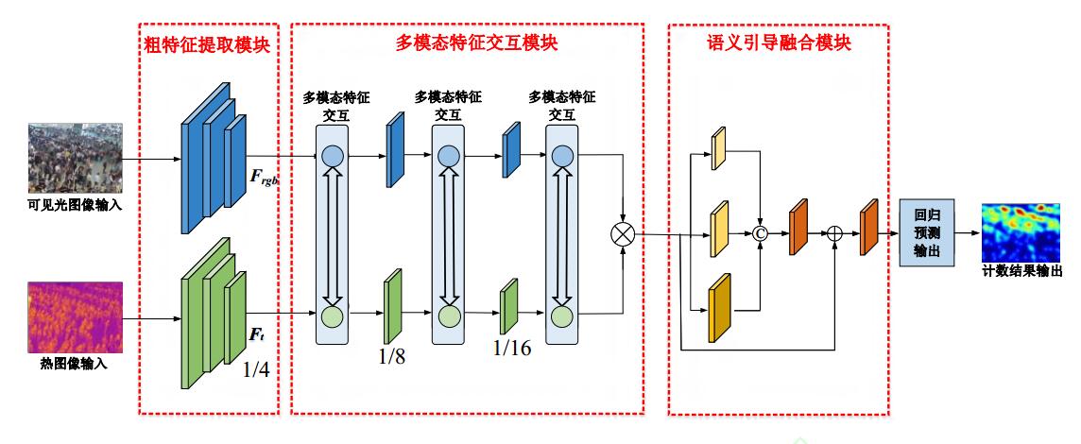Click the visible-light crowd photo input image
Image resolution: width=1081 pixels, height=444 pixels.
[76, 158]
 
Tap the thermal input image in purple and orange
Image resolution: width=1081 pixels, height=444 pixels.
[76, 316]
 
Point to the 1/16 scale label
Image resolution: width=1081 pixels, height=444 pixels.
[512, 348]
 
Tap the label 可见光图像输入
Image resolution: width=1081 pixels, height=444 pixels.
[76, 203]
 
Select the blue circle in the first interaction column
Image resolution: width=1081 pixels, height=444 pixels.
[332, 157]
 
